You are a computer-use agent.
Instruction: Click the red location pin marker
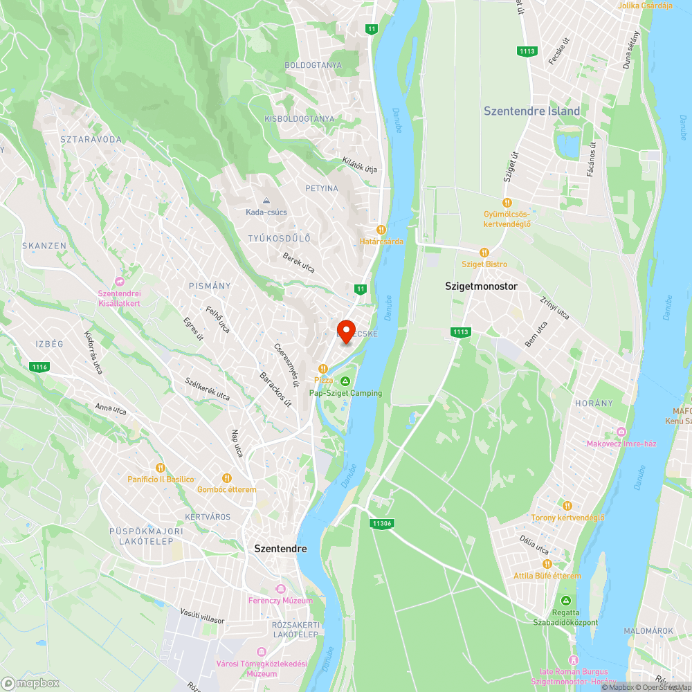coord(345,331)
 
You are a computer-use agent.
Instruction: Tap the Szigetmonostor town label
coord(482,286)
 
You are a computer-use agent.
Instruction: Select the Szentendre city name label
coord(280,548)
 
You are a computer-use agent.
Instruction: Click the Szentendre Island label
coord(531,111)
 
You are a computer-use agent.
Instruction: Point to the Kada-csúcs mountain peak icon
coord(266,200)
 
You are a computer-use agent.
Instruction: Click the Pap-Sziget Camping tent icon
coord(345,381)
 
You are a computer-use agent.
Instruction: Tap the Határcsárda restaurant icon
coord(381,229)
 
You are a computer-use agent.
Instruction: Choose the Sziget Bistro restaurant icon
coord(484,253)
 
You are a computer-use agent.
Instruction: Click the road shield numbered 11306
coord(381,523)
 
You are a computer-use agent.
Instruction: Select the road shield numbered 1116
coord(39,367)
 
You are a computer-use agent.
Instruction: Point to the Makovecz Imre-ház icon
coord(621,432)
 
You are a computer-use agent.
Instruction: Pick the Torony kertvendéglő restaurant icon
coord(567,505)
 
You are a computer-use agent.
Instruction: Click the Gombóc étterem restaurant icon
coord(226,477)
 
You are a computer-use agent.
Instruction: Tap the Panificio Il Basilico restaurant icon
coord(161,467)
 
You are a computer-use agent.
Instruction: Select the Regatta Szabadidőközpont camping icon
coord(567,600)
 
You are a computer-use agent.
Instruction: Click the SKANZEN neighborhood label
coord(44,246)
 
